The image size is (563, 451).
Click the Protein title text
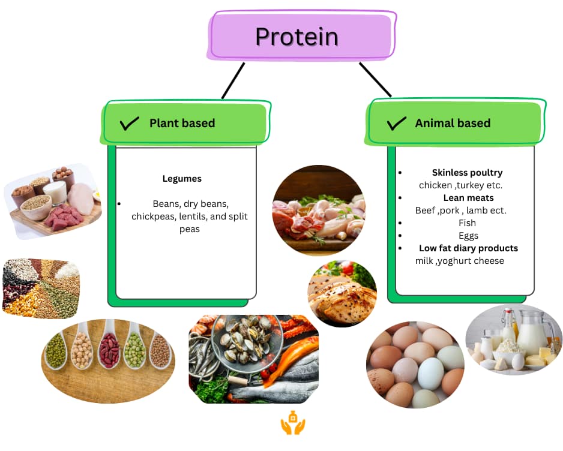(297, 37)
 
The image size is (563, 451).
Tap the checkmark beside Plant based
(129, 124)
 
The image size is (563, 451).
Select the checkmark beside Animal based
(396, 124)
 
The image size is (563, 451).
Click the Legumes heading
(182, 179)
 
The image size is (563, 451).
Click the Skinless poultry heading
(467, 173)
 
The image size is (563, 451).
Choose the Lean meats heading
(468, 198)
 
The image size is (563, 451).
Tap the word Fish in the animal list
(467, 223)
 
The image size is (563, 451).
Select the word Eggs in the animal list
(468, 236)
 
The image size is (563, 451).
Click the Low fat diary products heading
(468, 248)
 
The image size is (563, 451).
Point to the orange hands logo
(293, 423)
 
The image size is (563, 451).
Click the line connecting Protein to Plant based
(233, 80)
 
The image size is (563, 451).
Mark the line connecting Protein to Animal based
(375, 79)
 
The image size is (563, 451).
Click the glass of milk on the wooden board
(55, 193)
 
